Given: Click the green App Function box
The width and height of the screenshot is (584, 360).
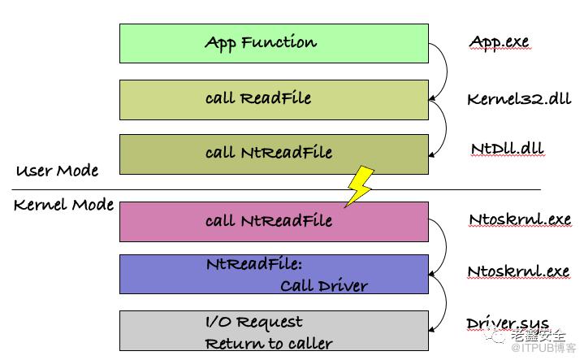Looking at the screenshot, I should click(x=274, y=43).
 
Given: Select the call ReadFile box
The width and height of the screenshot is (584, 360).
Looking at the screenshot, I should click(x=274, y=99).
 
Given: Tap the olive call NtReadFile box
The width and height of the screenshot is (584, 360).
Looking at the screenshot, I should click(x=274, y=154).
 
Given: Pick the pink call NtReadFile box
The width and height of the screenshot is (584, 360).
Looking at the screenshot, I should click(x=274, y=221).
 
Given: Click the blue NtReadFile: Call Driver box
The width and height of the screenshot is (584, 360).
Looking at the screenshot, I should click(x=274, y=274).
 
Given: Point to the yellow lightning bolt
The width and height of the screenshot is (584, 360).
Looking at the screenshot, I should click(x=360, y=185).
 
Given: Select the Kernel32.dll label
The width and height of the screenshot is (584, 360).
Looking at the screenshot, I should click(x=518, y=99).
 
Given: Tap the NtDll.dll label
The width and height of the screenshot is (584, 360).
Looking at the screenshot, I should click(x=507, y=150).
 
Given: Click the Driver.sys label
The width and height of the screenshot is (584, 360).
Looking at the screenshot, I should click(x=508, y=323).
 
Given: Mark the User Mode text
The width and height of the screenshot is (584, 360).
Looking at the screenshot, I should click(x=57, y=171).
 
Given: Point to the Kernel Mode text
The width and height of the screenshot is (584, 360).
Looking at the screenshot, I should click(x=63, y=205).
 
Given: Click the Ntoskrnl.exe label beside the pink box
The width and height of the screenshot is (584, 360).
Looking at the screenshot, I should click(x=519, y=219).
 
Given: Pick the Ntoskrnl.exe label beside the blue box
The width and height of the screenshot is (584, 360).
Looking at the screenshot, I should click(x=519, y=271).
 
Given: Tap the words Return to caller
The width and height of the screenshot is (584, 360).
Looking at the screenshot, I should click(x=268, y=344).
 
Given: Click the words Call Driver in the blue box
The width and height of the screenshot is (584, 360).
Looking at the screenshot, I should click(x=323, y=285).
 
